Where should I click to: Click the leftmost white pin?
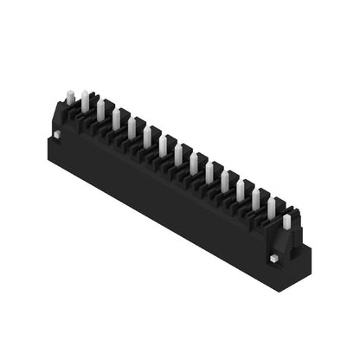tap(70, 99)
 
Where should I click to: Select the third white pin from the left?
tap(100, 109)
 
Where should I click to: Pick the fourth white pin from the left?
tap(116, 119)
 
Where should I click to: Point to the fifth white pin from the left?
tap(132, 127)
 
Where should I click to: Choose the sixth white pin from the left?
tap(147, 136)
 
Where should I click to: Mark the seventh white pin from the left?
tap(163, 145)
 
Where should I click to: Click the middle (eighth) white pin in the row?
tap(178, 154)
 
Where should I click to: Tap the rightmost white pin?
tap(286, 222)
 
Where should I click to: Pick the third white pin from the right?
tap(255, 198)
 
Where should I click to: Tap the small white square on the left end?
tap(56, 134)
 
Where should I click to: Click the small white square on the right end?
tap(273, 258)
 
